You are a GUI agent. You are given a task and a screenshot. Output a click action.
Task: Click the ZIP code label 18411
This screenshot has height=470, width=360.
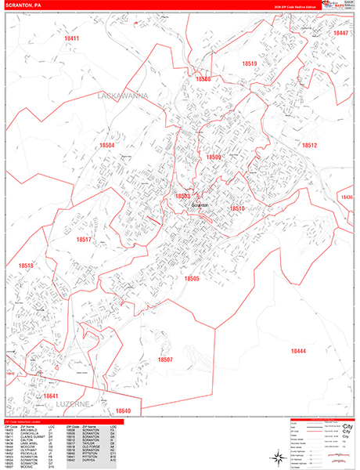click(x=72, y=38)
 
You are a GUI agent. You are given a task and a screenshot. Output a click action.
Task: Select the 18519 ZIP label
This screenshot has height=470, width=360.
click(x=250, y=64)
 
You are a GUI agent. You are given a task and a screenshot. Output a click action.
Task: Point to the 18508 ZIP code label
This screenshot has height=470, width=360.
click(x=203, y=79)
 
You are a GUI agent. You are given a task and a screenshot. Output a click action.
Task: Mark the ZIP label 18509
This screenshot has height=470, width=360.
click(x=214, y=157)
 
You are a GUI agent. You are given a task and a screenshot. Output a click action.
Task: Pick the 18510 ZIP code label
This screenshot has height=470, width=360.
click(x=237, y=209)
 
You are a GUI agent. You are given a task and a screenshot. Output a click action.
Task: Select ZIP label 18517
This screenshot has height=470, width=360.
click(x=84, y=240)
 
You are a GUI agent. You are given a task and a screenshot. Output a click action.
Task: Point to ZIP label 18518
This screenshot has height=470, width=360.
click(x=27, y=266)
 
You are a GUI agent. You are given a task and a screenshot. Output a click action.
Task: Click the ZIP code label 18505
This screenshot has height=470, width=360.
click(x=193, y=279)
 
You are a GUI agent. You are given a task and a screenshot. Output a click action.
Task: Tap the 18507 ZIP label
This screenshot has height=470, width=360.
click(x=165, y=360)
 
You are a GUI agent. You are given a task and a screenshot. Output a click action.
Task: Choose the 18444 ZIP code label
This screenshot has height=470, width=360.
click(x=297, y=351)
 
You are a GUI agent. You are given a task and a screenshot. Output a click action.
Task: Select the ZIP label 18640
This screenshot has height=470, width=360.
click(x=123, y=410)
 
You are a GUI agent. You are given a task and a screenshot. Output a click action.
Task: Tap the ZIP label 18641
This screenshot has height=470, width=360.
click(x=52, y=397)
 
